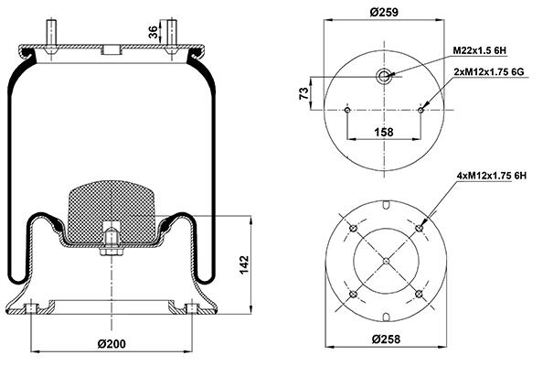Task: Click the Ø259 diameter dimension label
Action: [x=384, y=12]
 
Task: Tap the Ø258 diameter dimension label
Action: [x=386, y=339]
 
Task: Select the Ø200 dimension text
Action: [x=112, y=344]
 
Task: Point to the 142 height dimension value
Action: [x=244, y=265]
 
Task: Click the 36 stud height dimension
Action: [x=153, y=32]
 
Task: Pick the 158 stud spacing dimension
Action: [x=384, y=132]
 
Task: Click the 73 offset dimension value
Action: [x=303, y=93]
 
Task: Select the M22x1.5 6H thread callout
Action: [x=480, y=50]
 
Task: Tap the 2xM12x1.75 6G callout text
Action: [x=489, y=71]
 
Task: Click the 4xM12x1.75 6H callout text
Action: [x=492, y=176]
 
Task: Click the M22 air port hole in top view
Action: [x=384, y=76]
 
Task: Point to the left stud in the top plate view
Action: [x=347, y=110]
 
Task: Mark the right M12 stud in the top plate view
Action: [x=421, y=110]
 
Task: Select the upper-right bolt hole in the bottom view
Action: [x=420, y=228]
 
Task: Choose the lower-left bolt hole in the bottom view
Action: [x=353, y=295]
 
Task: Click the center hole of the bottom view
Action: [x=387, y=261]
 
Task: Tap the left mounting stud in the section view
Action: [x=51, y=34]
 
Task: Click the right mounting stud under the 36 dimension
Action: [x=172, y=34]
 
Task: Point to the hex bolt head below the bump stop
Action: [x=112, y=252]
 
